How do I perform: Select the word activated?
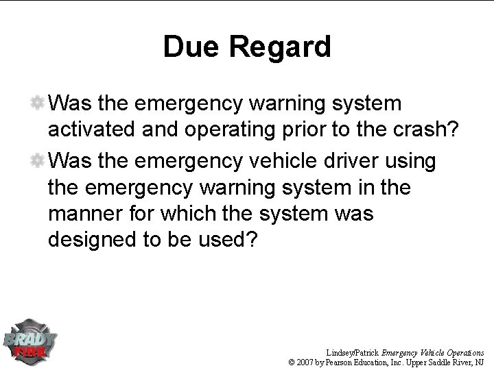[89, 132]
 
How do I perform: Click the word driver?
[353, 161]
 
